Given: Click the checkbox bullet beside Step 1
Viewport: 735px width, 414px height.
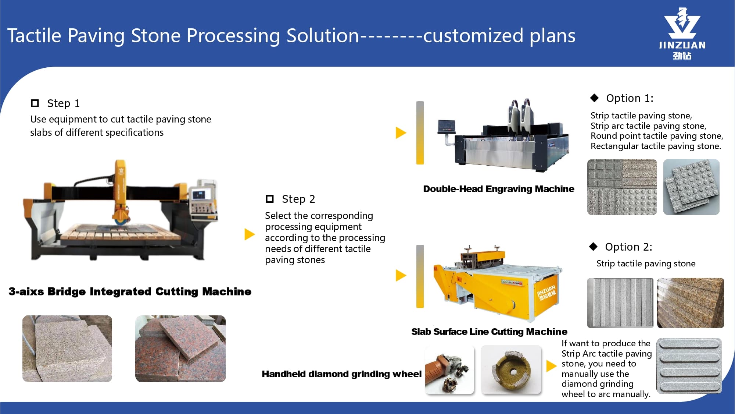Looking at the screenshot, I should click(x=35, y=103).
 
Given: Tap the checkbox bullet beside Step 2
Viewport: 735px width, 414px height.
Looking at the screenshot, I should click(x=270, y=199).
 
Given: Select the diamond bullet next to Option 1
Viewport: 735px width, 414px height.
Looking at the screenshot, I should click(x=594, y=98).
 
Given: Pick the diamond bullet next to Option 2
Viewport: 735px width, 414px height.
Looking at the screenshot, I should click(x=593, y=247).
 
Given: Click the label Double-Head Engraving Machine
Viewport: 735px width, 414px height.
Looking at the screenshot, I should click(x=498, y=189).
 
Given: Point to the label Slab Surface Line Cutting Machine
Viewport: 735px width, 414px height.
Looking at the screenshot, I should click(x=489, y=332).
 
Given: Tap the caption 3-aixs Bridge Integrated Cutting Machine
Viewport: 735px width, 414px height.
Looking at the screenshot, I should click(x=130, y=291).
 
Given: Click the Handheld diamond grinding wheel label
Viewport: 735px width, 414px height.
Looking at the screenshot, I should click(x=341, y=374).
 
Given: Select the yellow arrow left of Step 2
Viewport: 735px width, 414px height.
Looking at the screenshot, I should click(x=250, y=234).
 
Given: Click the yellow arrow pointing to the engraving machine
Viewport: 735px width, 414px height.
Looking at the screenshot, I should click(x=401, y=133).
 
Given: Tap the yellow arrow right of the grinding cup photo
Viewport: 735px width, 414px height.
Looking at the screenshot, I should click(x=551, y=366).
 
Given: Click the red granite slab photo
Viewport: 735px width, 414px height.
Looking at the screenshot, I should click(x=180, y=348).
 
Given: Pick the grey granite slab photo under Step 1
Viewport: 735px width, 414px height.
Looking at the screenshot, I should click(x=67, y=348).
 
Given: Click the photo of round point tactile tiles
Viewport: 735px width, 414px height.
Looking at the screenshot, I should click(x=691, y=187).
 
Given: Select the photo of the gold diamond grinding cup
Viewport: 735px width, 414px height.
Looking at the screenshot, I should click(x=511, y=369).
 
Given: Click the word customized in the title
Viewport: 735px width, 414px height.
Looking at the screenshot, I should click(x=473, y=36).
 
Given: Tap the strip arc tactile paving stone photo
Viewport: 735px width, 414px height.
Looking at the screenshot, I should click(x=689, y=366).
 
